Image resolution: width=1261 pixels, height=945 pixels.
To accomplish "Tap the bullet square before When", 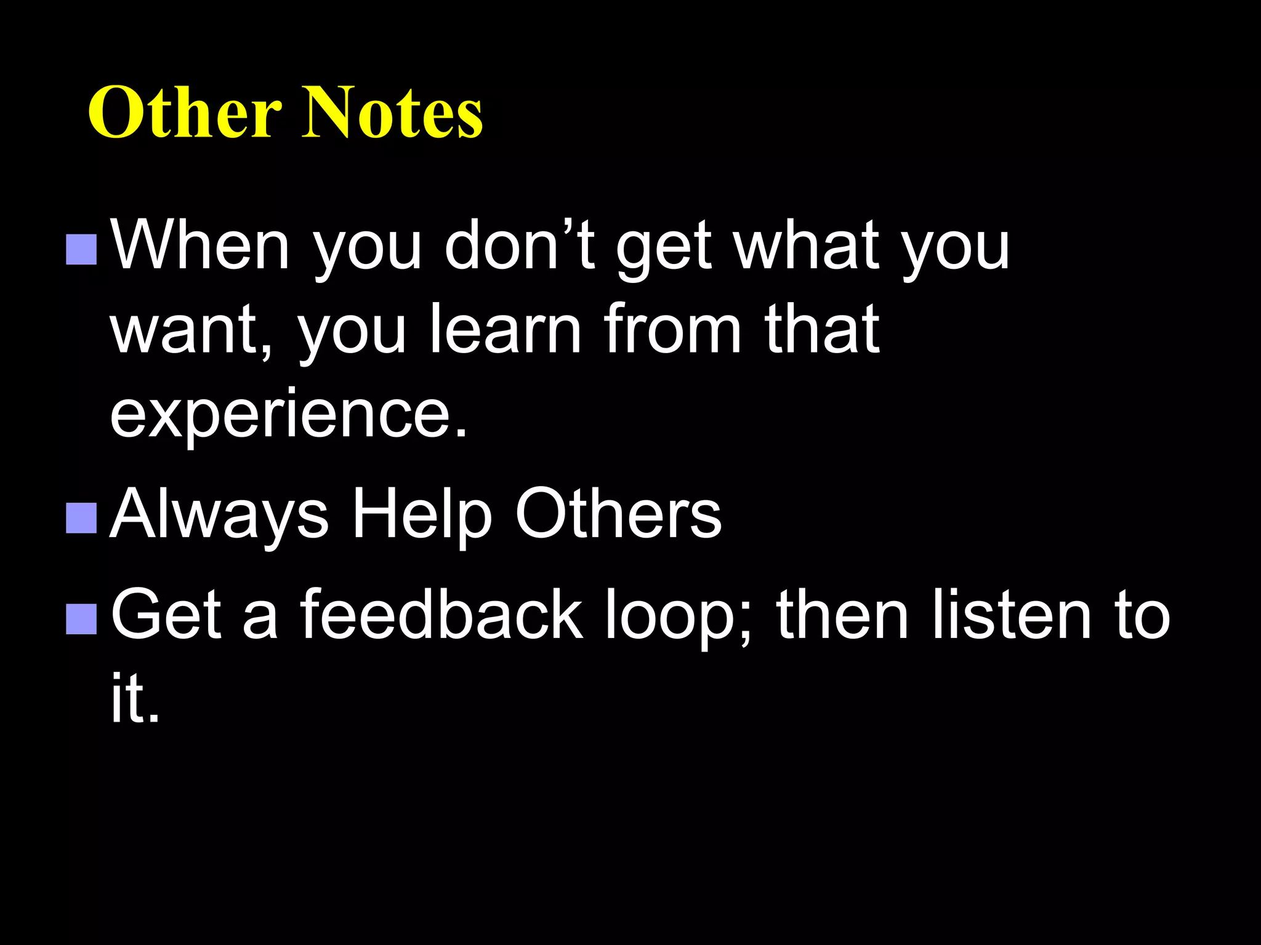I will (81, 249).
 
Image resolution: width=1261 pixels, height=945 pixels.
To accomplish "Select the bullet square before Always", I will (81, 517).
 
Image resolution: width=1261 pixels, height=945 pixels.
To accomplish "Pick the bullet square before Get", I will (81, 618).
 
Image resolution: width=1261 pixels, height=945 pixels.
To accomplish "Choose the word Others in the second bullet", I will (618, 514).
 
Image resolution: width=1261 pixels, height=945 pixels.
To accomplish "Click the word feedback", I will (441, 614).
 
